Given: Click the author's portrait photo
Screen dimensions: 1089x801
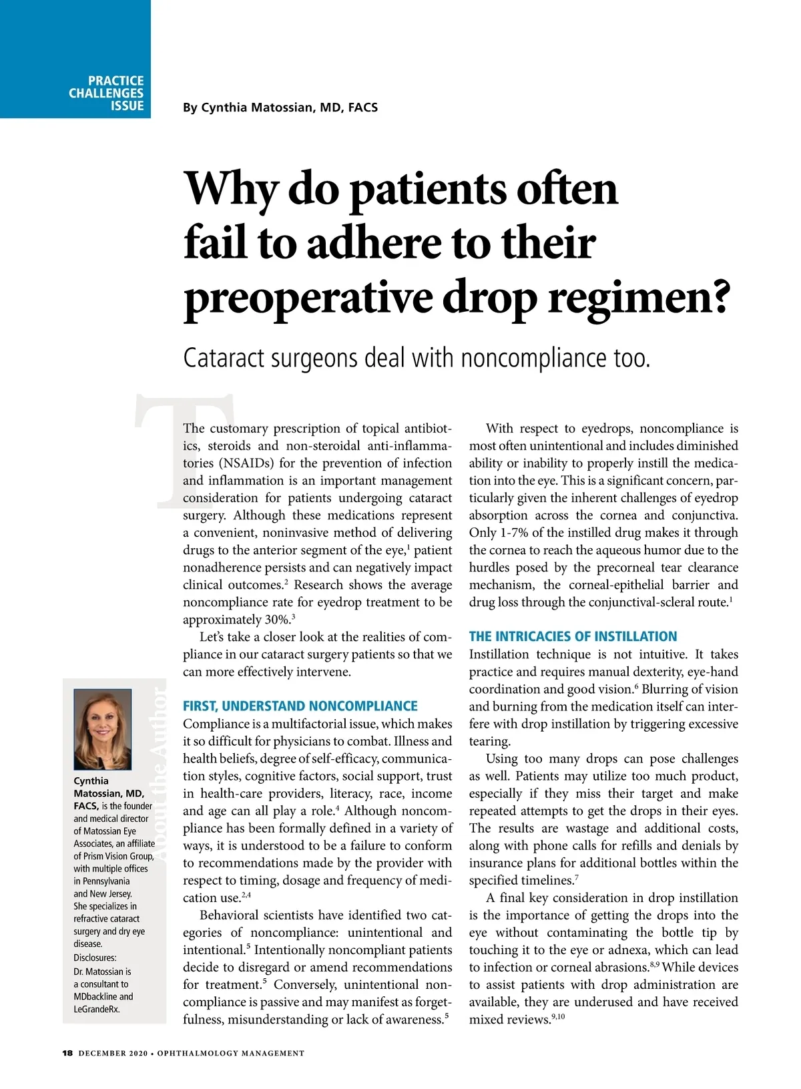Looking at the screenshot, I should click(102, 729).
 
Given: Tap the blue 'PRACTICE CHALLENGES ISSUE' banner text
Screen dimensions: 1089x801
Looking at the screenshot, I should click(107, 93).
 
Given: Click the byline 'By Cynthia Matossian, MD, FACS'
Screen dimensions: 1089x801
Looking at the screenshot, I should click(280, 107).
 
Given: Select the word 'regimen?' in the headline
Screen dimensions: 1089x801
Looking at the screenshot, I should click(637, 297).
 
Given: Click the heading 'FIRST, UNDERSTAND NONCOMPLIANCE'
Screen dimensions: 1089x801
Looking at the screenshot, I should click(300, 706).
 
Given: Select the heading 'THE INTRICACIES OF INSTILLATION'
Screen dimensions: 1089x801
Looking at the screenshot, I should click(573, 636).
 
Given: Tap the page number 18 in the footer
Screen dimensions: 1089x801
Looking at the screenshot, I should click(67, 1053).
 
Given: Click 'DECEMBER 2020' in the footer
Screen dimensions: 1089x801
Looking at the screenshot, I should click(113, 1054).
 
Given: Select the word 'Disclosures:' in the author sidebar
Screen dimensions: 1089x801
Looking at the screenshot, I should click(95, 957).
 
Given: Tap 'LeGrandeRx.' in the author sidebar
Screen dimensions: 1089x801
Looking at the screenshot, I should click(97, 1009).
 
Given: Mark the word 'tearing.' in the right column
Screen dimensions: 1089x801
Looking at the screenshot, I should click(489, 741).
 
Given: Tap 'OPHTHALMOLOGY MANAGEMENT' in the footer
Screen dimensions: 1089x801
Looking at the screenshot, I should click(230, 1054).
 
